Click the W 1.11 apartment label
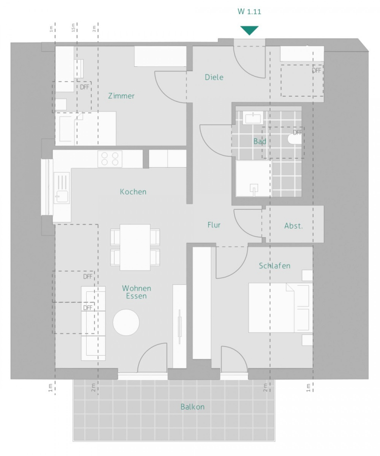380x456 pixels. point(249,12)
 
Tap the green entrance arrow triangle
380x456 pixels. point(249,30)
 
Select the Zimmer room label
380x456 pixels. point(121,96)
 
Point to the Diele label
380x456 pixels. point(214,77)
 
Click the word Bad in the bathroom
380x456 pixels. point(259,141)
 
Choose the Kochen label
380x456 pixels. point(133,192)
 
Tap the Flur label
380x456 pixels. point(214,225)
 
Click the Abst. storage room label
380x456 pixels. point(293,226)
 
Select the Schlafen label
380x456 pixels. point(275,265)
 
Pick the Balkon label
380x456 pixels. point(193,406)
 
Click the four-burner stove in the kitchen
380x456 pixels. point(110,159)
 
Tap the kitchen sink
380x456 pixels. point(62,188)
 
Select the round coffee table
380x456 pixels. point(126,322)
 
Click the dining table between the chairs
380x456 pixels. point(135,247)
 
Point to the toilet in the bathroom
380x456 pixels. point(294,139)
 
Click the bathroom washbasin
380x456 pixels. point(253,118)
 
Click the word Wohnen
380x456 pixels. point(136,288)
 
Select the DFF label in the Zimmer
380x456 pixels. point(85,87)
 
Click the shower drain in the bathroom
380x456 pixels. point(254,188)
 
